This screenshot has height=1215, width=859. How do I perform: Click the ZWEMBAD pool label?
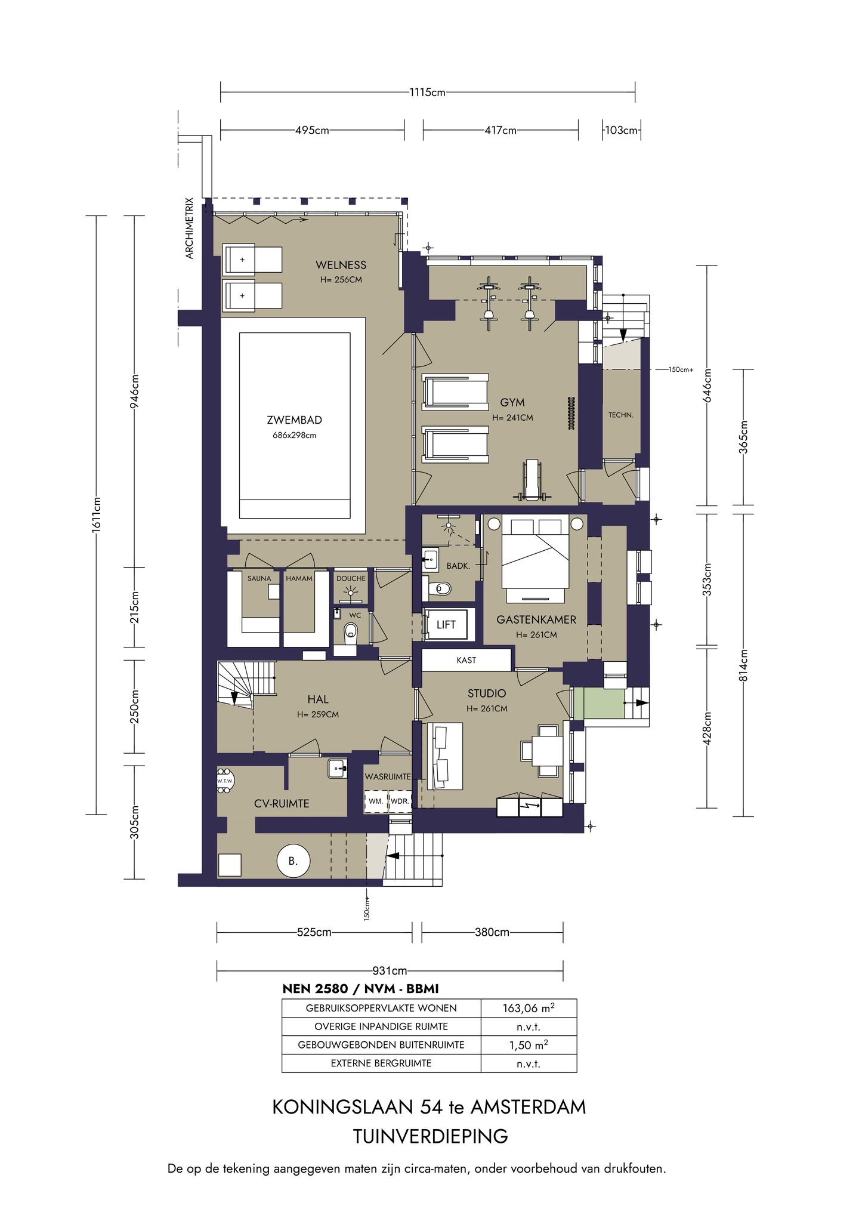coord(294,420)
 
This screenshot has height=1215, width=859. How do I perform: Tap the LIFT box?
coord(447,624)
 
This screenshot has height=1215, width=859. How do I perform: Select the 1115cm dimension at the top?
coord(427,92)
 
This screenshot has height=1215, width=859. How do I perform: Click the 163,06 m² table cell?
coord(529,1008)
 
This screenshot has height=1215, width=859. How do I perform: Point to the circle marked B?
coord(293,861)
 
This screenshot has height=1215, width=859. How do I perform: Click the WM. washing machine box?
coord(376,801)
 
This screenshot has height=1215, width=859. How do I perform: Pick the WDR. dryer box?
coord(400,801)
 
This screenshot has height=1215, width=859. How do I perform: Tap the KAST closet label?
coord(466,660)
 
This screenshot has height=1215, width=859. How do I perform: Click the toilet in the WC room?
coord(351,631)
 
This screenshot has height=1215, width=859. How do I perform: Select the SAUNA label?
coord(259,578)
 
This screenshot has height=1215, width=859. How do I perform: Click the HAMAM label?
coord(299,578)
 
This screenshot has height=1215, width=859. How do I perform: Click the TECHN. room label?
coord(621,415)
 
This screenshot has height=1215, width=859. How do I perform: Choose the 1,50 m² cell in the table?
coord(529,1045)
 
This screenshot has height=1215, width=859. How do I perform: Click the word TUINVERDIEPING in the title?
coord(430,1136)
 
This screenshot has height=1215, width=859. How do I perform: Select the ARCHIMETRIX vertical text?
coord(190,228)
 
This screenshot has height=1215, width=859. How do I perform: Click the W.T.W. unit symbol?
coord(225,781)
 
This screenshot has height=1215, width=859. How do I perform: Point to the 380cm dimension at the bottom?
coord(492,932)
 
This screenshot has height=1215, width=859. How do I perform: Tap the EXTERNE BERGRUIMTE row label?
coord(381,1063)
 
